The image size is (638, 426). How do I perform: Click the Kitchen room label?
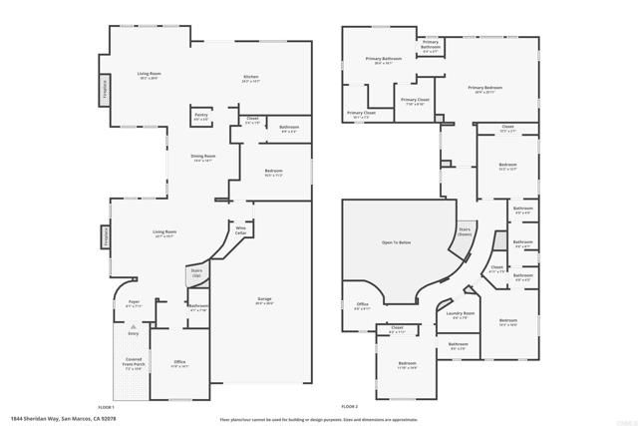[x=251, y=80]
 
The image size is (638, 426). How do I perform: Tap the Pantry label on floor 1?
[x=201, y=117]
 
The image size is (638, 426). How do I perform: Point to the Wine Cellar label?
[x=240, y=231]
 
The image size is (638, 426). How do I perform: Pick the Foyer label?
[x=134, y=303]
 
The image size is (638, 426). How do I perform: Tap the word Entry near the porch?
[x=134, y=333]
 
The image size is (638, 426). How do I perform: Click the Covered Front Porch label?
[x=134, y=363]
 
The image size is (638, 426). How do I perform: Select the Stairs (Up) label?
[x=195, y=273]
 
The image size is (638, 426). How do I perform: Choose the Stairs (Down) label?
[x=465, y=231]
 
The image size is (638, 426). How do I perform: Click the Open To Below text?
[x=396, y=242]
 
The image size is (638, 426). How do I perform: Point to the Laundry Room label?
[x=461, y=315]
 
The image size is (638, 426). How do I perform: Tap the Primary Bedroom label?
[x=485, y=89]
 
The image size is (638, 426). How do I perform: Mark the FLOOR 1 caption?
[x=107, y=406]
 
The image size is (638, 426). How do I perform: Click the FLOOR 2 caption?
[x=349, y=406]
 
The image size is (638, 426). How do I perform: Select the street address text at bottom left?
[x=59, y=418]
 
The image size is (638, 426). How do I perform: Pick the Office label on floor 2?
[x=363, y=305]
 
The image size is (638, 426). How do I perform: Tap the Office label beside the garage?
[x=180, y=363]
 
